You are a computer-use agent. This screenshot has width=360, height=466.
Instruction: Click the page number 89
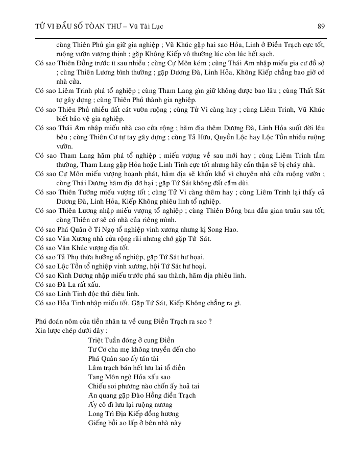point(321,26)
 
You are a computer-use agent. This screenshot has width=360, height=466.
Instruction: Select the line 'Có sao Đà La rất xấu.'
point(67,284)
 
